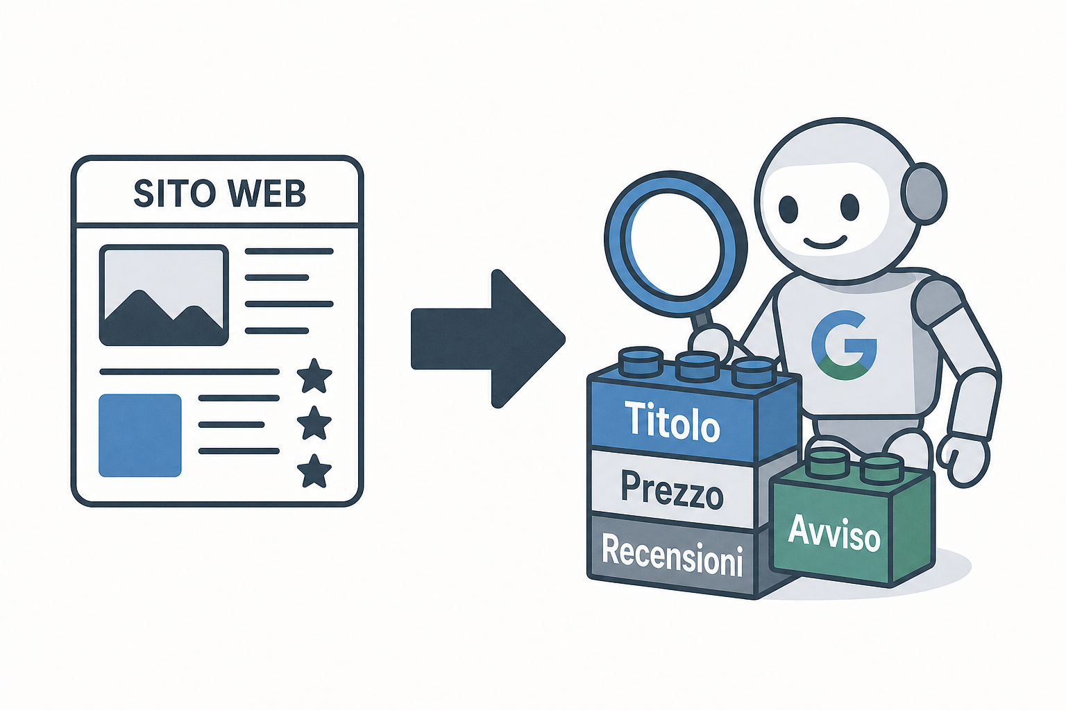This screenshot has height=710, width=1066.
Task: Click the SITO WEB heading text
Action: click(219, 193)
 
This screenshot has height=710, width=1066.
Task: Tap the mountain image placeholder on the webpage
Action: click(164, 295)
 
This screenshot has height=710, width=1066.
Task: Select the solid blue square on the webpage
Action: click(140, 435)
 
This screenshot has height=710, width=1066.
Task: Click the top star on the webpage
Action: click(314, 376)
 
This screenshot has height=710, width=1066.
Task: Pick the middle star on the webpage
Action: click(314, 423)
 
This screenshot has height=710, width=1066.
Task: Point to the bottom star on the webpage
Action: click(314, 471)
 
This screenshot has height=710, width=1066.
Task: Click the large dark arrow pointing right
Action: click(489, 338)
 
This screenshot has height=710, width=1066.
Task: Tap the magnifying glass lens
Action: click(676, 243)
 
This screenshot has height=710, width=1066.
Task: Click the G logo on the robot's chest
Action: click(844, 345)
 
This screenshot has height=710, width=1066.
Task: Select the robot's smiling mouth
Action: click(825, 243)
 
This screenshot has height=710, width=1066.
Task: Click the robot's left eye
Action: click(788, 208)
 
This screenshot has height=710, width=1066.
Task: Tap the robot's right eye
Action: click(850, 207)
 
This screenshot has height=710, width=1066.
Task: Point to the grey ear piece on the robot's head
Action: click(924, 194)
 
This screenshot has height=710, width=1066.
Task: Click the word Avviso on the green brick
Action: click(834, 534)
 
